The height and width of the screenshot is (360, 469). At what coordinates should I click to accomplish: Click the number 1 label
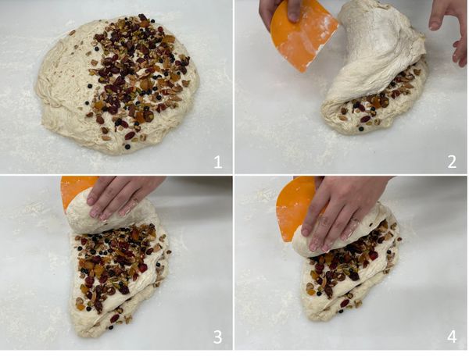[x=218, y=162]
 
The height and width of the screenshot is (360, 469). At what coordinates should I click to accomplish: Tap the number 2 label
[x=452, y=162]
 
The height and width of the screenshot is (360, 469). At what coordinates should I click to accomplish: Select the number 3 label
[x=217, y=337]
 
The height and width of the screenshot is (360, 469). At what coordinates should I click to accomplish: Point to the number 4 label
[x=452, y=337]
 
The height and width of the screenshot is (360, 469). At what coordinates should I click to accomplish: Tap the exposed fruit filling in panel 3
[x=116, y=263]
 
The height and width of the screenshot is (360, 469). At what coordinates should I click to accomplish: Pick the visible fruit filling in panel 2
[x=380, y=98]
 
